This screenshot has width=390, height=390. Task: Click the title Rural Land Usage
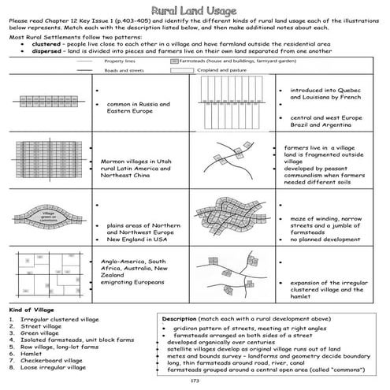coord(195,8)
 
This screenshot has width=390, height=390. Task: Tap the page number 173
coord(195,381)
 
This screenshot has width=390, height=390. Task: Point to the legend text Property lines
coord(121,61)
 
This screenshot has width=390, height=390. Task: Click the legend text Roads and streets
coord(124,70)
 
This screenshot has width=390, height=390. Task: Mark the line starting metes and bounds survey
coord(268,355)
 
